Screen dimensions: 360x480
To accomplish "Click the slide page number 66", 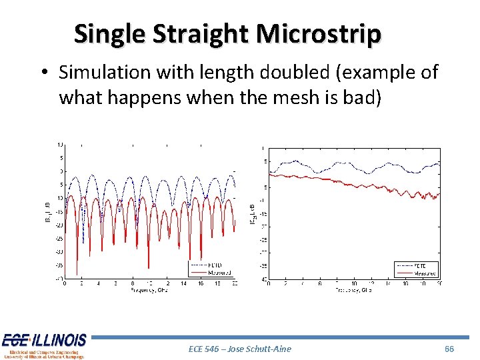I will point(449,348).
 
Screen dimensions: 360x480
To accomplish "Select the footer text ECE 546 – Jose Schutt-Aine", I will point(240,348).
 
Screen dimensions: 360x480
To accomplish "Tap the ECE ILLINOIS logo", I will point(44,345).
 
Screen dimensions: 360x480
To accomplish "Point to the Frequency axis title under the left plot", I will point(151,291).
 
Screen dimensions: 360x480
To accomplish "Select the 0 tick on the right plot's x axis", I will point(269,284).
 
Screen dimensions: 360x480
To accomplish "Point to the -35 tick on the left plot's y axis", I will point(59,265).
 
